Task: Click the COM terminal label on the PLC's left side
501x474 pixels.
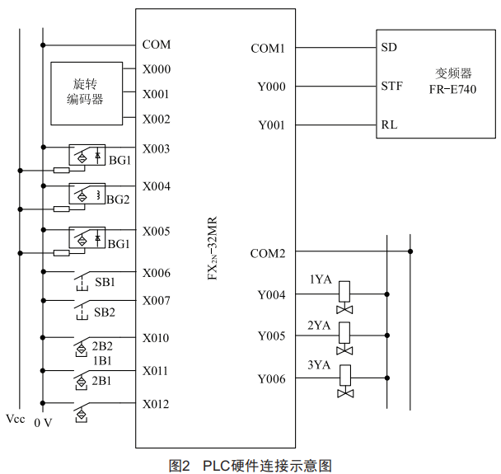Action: click(x=156, y=45)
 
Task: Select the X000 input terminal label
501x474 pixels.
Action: click(x=156, y=69)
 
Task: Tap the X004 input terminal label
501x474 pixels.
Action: click(x=156, y=186)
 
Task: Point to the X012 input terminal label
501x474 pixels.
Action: click(x=156, y=404)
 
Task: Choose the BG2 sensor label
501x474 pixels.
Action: click(x=119, y=199)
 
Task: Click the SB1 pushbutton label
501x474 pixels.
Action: click(x=105, y=282)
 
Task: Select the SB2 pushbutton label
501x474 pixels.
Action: click(x=105, y=312)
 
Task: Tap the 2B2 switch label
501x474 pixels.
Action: click(x=102, y=345)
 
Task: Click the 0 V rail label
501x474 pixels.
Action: click(x=43, y=423)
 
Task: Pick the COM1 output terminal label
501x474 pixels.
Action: click(x=268, y=49)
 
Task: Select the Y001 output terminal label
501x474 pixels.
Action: click(x=271, y=125)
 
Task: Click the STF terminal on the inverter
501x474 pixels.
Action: click(x=391, y=86)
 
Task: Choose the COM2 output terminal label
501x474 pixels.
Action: click(x=268, y=253)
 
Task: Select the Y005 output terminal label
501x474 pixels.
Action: click(x=271, y=336)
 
